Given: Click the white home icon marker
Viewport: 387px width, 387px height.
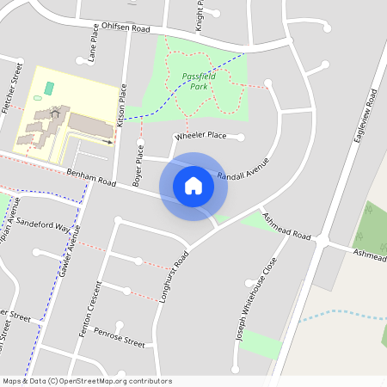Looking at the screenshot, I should point(193,186).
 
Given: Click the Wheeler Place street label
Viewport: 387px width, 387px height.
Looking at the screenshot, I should point(200,136).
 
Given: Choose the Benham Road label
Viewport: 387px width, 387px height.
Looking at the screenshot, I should point(90,177).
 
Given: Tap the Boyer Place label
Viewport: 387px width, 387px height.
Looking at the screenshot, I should point(137,165).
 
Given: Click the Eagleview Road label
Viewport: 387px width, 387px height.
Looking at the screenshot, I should point(362,121).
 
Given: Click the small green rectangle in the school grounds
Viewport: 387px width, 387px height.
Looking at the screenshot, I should point(48,88).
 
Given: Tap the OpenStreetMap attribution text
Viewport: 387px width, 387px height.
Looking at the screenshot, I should point(87,380).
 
